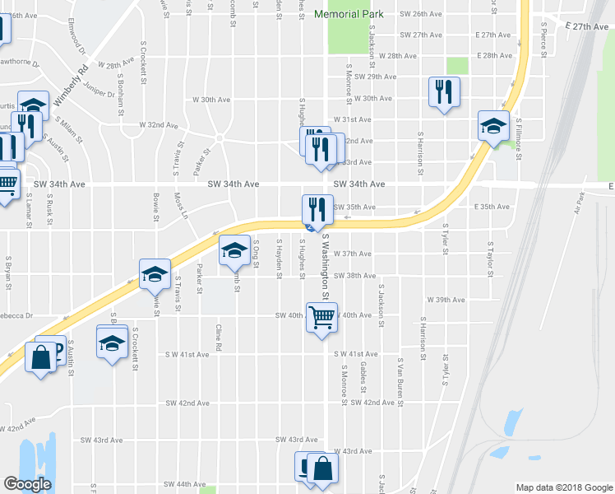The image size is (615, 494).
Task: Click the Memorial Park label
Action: [x=361, y=15]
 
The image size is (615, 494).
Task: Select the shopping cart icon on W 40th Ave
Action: [x=321, y=315]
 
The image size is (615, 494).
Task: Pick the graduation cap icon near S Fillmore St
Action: [x=493, y=127]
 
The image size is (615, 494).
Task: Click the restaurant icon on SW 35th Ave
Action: [x=317, y=209]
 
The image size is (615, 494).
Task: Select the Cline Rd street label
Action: [x=219, y=338]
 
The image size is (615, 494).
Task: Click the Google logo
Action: [x=28, y=484]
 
